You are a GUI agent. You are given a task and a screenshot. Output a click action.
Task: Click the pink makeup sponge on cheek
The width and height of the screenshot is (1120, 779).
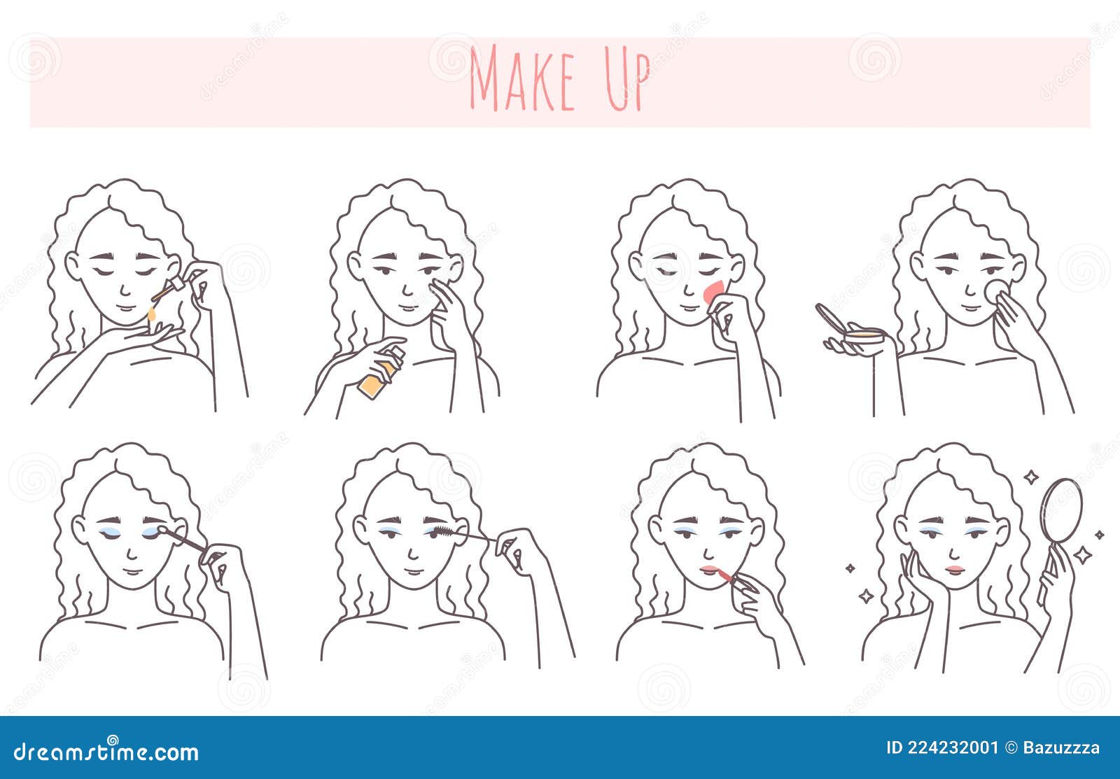(x=715, y=291)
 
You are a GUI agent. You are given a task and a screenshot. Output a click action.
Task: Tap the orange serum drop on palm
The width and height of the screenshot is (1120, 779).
(x=150, y=318)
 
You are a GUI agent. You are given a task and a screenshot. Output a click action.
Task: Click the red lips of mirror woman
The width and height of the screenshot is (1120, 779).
(x=954, y=569)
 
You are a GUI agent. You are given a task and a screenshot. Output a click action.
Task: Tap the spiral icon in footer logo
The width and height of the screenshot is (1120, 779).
(x=113, y=740)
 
